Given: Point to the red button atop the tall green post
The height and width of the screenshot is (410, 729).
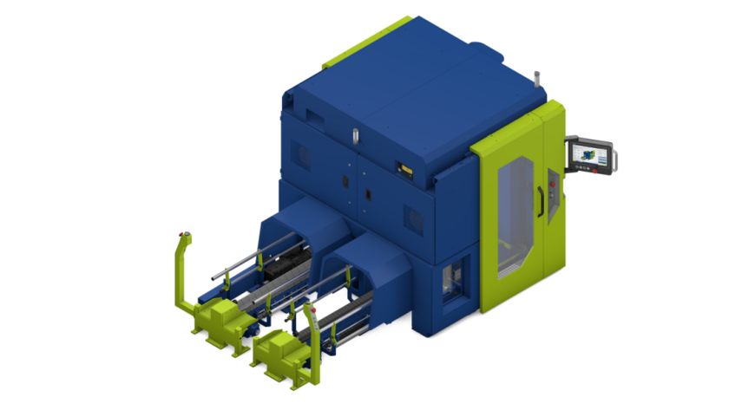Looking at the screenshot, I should click(182, 234).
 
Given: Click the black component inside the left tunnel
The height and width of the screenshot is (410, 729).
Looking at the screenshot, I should click(286, 264).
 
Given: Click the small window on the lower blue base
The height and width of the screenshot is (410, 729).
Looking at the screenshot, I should click(450, 283).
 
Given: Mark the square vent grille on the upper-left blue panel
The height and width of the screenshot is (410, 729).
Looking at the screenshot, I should click(303, 155).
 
